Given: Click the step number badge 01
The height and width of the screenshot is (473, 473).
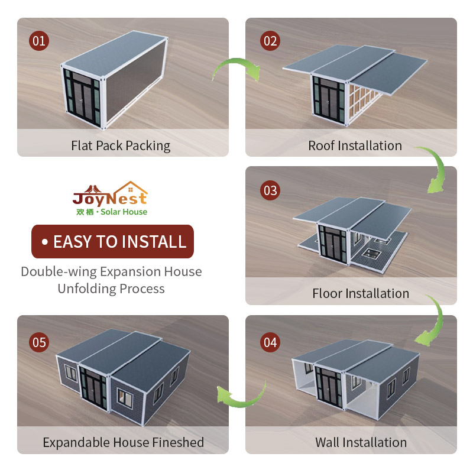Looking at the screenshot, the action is click(x=39, y=41).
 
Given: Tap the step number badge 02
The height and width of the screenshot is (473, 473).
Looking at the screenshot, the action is click(x=270, y=41).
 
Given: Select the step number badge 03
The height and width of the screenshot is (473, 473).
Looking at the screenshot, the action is click(x=270, y=190).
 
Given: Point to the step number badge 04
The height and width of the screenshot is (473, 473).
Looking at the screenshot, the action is click(x=270, y=342).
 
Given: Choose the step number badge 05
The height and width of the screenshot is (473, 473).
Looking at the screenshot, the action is click(x=39, y=342).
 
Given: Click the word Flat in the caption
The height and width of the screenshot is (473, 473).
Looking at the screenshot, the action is click(x=82, y=145).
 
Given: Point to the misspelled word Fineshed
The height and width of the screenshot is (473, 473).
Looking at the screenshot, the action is click(x=178, y=442).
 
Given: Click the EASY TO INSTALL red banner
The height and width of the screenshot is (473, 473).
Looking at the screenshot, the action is click(x=112, y=241).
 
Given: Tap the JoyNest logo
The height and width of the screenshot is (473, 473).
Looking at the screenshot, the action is click(x=110, y=198).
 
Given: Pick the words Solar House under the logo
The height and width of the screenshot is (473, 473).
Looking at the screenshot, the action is click(x=124, y=212).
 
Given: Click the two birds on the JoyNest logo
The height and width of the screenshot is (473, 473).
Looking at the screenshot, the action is click(x=93, y=189).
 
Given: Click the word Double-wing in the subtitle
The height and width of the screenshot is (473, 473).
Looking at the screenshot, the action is click(x=59, y=272).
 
